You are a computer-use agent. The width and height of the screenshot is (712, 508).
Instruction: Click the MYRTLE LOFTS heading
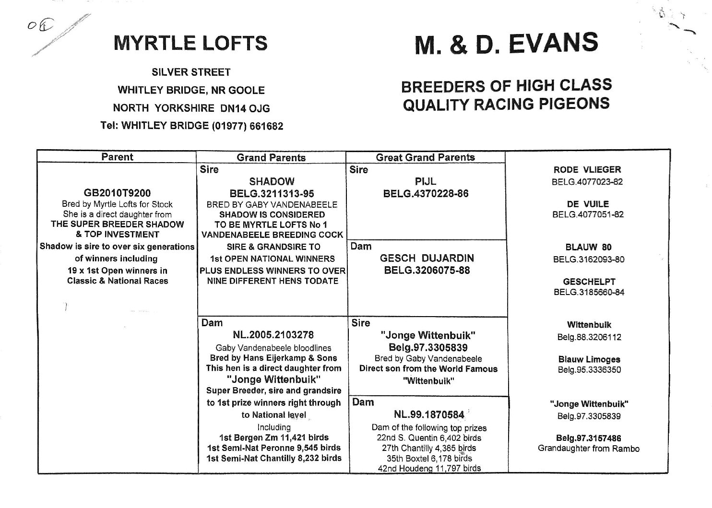[190, 43]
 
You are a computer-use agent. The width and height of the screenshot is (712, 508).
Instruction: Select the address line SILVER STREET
[191, 72]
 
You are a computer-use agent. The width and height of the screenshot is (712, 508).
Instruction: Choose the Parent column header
[117, 157]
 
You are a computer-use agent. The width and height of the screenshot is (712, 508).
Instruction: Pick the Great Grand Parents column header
[425, 157]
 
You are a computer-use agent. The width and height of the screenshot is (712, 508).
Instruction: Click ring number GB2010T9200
[117, 193]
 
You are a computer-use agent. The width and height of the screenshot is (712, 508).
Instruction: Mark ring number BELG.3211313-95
[272, 194]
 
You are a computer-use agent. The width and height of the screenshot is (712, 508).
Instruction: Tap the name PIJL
[425, 182]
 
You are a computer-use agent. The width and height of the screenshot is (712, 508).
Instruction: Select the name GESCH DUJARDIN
[427, 258]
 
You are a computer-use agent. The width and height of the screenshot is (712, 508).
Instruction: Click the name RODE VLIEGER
[587, 170]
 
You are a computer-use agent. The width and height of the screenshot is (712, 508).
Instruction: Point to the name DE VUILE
[588, 204]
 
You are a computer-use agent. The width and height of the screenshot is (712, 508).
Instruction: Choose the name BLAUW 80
[588, 248]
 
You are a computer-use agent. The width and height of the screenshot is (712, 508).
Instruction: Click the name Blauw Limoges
[589, 359]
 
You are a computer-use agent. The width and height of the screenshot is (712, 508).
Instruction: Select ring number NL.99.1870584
[429, 414]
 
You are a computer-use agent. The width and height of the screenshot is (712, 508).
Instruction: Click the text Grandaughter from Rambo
[589, 449]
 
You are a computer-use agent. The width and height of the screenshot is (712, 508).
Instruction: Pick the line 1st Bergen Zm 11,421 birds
[273, 437]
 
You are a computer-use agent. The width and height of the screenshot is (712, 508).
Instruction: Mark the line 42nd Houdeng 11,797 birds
[429, 469]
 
